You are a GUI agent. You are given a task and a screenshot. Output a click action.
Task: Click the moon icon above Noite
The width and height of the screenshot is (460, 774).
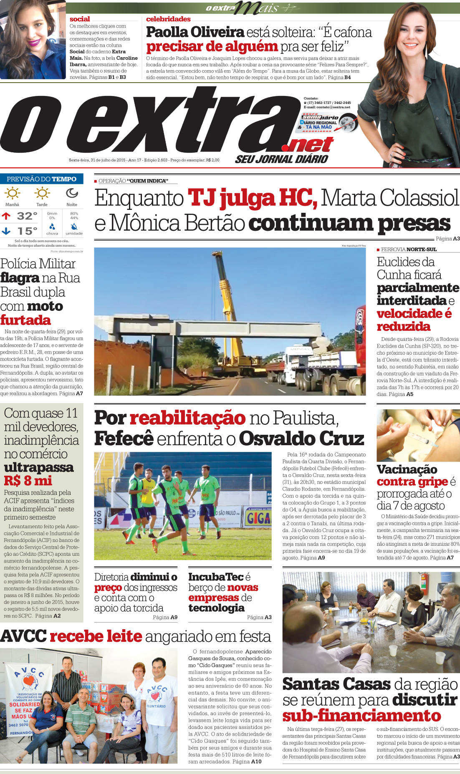pyautogui.click(x=72, y=193)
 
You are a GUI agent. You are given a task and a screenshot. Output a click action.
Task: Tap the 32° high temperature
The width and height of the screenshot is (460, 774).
pyautogui.click(x=27, y=216)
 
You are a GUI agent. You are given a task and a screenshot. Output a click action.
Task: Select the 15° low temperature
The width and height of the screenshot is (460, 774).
pyautogui.click(x=27, y=231)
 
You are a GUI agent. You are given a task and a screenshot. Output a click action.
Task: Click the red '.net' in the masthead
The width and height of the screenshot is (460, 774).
pyautogui.click(x=308, y=145)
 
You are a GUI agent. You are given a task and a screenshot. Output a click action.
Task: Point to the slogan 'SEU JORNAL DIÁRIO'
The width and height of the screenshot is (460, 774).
pyautogui.click(x=281, y=159)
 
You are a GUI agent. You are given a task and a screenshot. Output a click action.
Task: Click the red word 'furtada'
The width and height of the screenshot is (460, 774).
pyautogui.click(x=25, y=320)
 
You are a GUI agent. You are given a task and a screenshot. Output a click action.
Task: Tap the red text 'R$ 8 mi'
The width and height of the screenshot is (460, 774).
pyautogui.click(x=28, y=481)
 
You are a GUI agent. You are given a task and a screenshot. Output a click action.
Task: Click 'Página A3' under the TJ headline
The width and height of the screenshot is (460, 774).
pyautogui.click(x=447, y=239)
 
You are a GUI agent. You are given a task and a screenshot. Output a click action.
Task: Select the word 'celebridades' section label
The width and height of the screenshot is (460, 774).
pyautogui.click(x=168, y=19)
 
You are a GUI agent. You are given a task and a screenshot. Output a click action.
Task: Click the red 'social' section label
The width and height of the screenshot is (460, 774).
pyautogui.click(x=80, y=19)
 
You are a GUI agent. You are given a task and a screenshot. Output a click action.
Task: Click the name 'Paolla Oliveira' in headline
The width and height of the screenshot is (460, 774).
pyautogui.click(x=195, y=32)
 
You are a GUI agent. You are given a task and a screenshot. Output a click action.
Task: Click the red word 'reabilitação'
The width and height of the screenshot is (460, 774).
pyautogui.click(x=187, y=418)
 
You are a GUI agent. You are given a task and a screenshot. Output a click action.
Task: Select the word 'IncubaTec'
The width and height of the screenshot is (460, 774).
pyautogui.click(x=216, y=577)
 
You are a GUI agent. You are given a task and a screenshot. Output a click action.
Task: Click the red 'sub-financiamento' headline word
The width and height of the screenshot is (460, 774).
pyautogui.click(x=361, y=716)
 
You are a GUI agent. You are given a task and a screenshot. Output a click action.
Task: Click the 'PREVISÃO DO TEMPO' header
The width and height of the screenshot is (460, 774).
pyautogui.click(x=42, y=179)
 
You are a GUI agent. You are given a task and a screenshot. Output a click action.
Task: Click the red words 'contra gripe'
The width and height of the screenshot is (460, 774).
pyautogui.click(x=412, y=482)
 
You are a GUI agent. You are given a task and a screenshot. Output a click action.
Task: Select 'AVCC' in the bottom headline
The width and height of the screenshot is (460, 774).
pyautogui.click(x=23, y=636)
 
